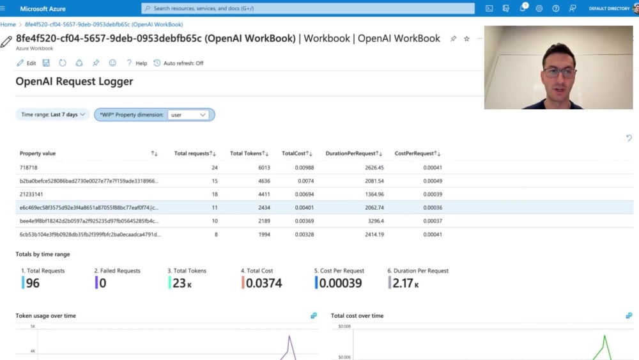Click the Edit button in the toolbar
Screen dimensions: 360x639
point(26,63)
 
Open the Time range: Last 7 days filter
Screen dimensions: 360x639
point(52,114)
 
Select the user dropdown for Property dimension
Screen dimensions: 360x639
point(189,115)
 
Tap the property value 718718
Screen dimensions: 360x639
point(29,168)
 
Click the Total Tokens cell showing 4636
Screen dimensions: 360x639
point(264,181)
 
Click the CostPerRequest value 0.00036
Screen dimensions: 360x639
point(432,208)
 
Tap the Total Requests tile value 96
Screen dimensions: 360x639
point(33,283)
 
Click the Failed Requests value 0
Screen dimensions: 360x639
point(102,283)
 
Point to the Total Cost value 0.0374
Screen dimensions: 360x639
point(264,283)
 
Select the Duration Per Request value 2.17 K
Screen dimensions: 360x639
point(406,283)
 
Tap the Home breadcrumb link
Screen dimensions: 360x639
point(8,24)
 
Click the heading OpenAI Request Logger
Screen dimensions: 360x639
point(74,81)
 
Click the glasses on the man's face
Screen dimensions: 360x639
point(558,72)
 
